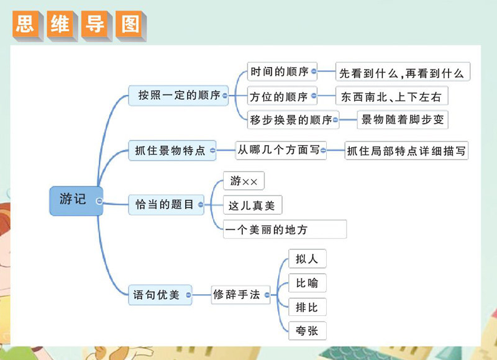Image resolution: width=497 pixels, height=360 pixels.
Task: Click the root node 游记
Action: point(75,200)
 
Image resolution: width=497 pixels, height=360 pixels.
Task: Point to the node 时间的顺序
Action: point(280,71)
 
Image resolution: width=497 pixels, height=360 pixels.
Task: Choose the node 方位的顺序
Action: point(279,97)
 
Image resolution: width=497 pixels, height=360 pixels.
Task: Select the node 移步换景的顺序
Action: point(291,120)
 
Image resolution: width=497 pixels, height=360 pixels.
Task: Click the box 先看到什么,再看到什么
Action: point(402,73)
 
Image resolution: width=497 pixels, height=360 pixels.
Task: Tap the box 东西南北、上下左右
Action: point(391,97)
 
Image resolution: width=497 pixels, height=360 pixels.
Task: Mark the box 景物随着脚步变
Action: point(403,120)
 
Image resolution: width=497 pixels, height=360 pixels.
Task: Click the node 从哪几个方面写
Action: point(281,150)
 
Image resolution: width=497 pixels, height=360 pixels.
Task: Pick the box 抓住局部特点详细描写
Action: point(406,151)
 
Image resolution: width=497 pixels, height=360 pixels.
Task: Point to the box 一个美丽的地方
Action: point(285,230)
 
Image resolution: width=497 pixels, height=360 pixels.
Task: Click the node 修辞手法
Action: point(236,295)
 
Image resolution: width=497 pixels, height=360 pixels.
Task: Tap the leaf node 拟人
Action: point(307,259)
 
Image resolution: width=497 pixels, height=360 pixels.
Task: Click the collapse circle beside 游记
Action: point(99,200)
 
